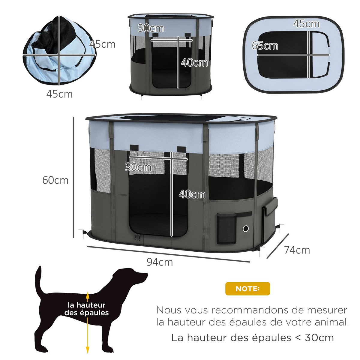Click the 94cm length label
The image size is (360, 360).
pyautogui.click(x=160, y=262)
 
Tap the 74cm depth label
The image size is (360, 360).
pyautogui.click(x=297, y=250)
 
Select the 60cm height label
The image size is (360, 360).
pyautogui.click(x=55, y=180)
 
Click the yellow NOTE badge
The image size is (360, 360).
pyautogui.click(x=247, y=289)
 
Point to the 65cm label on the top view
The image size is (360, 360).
pyautogui.click(x=265, y=46)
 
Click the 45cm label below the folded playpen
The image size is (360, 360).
pyautogui.click(x=59, y=94)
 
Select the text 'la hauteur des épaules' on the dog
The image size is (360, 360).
pyautogui.click(x=87, y=309)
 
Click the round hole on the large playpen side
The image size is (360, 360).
pyautogui.click(x=246, y=229)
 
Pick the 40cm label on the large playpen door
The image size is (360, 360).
pyautogui.click(x=192, y=194)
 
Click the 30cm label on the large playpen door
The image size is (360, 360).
pyautogui.click(x=138, y=167)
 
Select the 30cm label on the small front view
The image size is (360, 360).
pyautogui.click(x=151, y=28)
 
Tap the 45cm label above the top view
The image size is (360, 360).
pyautogui.click(x=306, y=24)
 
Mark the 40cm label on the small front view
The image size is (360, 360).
pyautogui.click(x=194, y=63)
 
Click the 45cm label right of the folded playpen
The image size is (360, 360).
pyautogui.click(x=102, y=44)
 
